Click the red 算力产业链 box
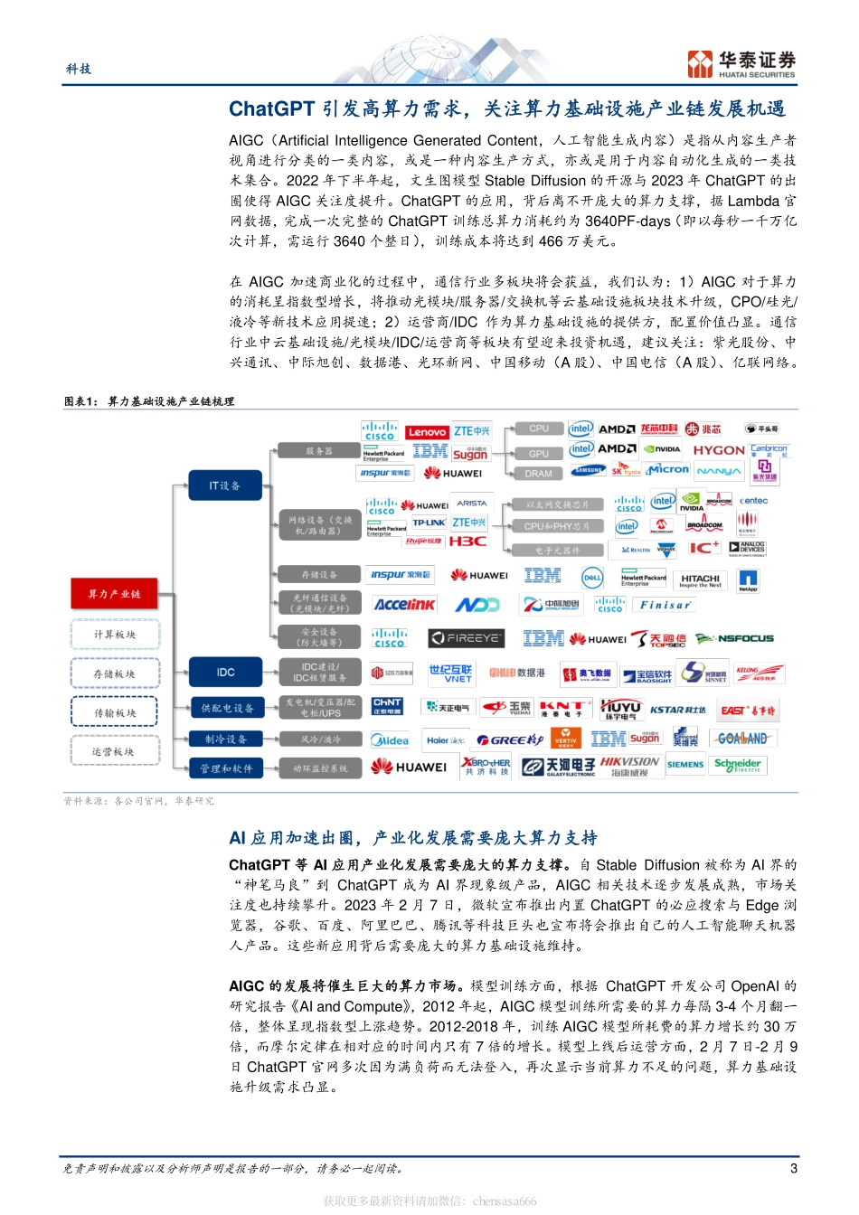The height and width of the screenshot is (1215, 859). [x=114, y=594]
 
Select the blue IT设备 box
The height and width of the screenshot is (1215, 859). [x=224, y=485]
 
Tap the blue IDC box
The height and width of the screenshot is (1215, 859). [x=225, y=672]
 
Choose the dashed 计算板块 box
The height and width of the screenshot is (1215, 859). [x=114, y=635]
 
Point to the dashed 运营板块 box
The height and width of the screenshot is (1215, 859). [x=113, y=751]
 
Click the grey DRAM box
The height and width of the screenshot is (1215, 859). [x=538, y=474]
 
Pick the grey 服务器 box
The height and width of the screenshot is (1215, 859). [x=318, y=450]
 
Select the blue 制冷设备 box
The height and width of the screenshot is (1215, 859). [x=225, y=739]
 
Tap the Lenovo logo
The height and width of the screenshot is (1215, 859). [x=427, y=432]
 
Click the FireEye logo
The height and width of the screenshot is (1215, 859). [x=466, y=638]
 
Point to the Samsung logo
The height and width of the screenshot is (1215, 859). [x=588, y=470]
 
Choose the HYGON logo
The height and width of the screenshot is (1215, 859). [x=719, y=450]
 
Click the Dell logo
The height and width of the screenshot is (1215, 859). [x=592, y=577]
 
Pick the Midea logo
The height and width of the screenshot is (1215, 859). [x=390, y=740]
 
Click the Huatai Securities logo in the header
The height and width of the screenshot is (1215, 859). [x=741, y=64]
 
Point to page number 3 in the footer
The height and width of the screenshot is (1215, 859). [x=793, y=1168]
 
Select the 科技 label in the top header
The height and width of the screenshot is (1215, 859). [x=79, y=69]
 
